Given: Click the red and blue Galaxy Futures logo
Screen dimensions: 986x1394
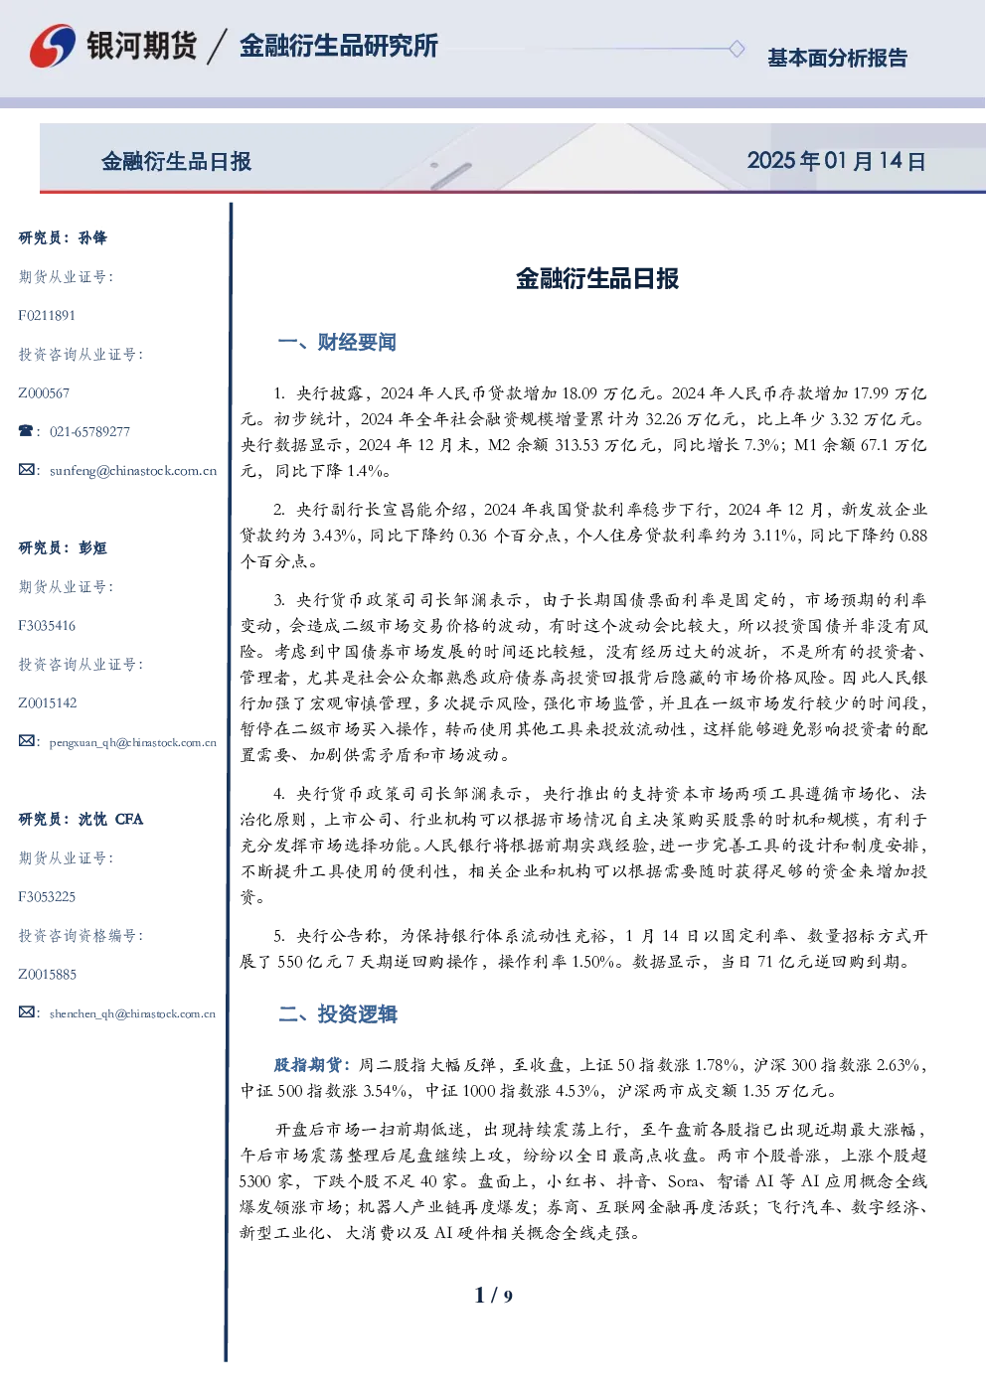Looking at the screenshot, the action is tap(53, 46).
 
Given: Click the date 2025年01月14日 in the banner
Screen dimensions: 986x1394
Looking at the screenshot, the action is tap(836, 161).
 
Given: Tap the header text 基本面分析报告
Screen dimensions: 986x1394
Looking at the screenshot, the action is tap(837, 58).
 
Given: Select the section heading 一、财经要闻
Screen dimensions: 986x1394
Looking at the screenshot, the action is tap(337, 342).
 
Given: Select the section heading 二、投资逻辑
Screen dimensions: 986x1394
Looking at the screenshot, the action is tap(337, 1013).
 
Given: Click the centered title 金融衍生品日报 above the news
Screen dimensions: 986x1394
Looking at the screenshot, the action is tap(597, 278).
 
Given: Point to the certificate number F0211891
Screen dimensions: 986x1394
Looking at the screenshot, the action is tap(47, 316).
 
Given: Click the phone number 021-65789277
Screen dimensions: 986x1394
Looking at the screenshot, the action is tap(89, 432).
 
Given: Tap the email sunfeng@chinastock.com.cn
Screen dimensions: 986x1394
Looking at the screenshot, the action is tap(133, 471).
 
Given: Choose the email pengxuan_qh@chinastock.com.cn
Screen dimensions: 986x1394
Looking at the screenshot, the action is tap(132, 742).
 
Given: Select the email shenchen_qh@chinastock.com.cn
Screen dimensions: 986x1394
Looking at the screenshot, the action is tap(132, 1013).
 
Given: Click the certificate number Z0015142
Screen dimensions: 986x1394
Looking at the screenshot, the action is tap(48, 703).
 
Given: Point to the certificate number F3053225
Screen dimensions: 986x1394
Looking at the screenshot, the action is tap(47, 897).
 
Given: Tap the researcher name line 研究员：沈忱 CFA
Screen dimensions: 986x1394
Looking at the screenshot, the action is tap(81, 819).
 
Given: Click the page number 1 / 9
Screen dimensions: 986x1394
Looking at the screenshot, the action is tap(493, 1296).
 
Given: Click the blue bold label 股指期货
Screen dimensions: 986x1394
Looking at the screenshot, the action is tap(307, 1065).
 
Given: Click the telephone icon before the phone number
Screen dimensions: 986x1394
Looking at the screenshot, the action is tap(26, 430).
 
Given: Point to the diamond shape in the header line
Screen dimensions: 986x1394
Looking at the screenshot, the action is tap(737, 49).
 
